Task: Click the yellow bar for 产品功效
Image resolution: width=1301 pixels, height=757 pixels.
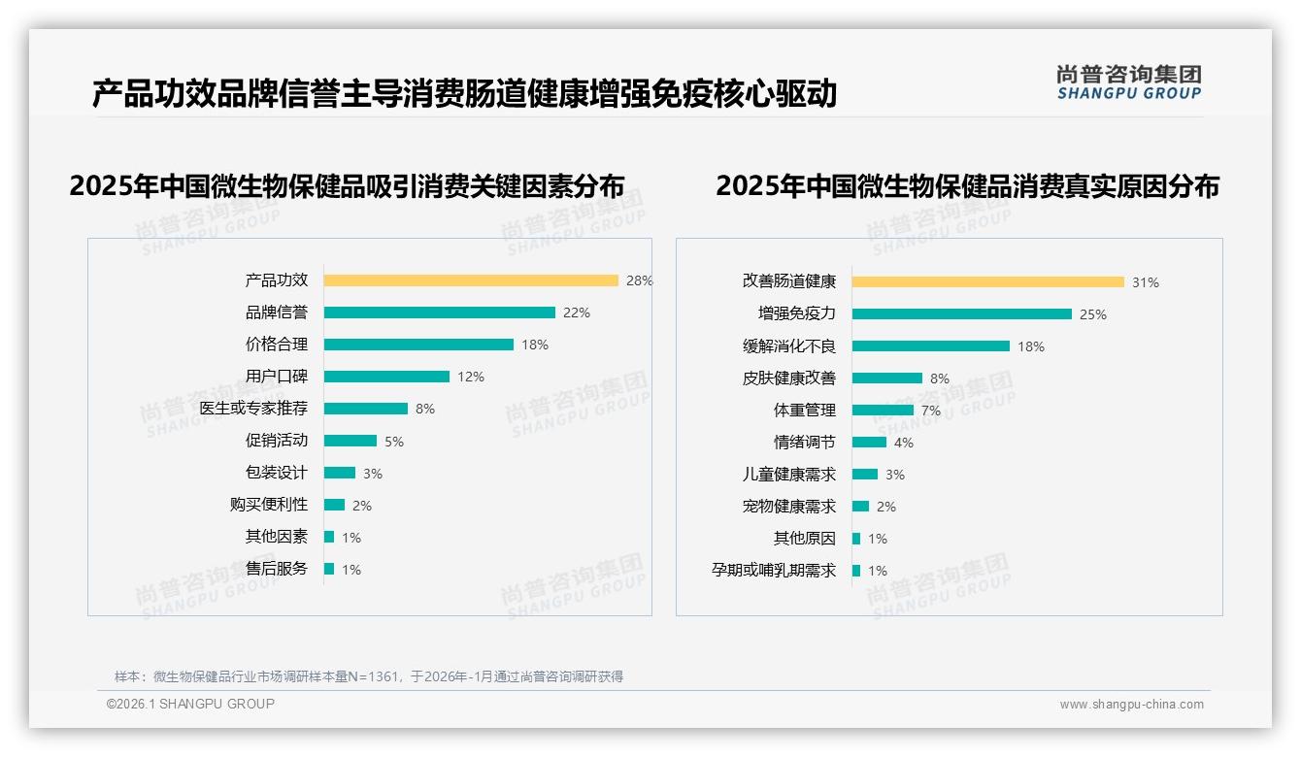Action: pos(471,280)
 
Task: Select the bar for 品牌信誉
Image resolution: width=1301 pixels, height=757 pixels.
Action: pos(439,313)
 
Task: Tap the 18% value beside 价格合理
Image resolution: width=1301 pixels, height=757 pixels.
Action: pos(535,345)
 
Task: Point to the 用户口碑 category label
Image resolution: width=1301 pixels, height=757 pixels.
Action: pos(276,377)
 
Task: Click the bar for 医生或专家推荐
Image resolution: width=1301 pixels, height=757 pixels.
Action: pos(366,409)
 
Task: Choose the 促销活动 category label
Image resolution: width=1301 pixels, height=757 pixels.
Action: pos(276,441)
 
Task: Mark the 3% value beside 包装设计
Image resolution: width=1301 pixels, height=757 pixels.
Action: pos(373,474)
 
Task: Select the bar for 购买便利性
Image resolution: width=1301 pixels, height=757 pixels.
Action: pos(334,505)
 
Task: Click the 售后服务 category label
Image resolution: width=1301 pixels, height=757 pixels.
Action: pos(276,569)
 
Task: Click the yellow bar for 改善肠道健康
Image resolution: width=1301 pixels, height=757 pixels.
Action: pos(988,281)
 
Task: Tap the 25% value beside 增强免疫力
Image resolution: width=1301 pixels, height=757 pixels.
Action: pos(1093,314)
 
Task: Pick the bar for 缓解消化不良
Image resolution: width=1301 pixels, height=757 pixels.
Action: pos(931,346)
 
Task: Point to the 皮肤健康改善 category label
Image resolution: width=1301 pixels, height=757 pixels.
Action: pos(788,378)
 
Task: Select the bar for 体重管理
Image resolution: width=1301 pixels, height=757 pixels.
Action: pos(883,411)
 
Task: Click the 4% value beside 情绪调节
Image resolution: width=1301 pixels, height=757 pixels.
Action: pos(904,443)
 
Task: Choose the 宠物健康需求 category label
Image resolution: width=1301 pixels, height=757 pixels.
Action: pos(788,507)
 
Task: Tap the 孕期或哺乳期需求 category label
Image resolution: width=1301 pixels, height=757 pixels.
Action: pos(773,571)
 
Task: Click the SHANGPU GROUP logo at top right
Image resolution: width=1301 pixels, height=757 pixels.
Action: pos(1129,82)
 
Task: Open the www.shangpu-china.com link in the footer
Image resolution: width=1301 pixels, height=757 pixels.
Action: pos(1131,705)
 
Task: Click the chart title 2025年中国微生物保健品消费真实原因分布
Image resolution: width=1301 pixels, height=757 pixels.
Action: pos(967,186)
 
